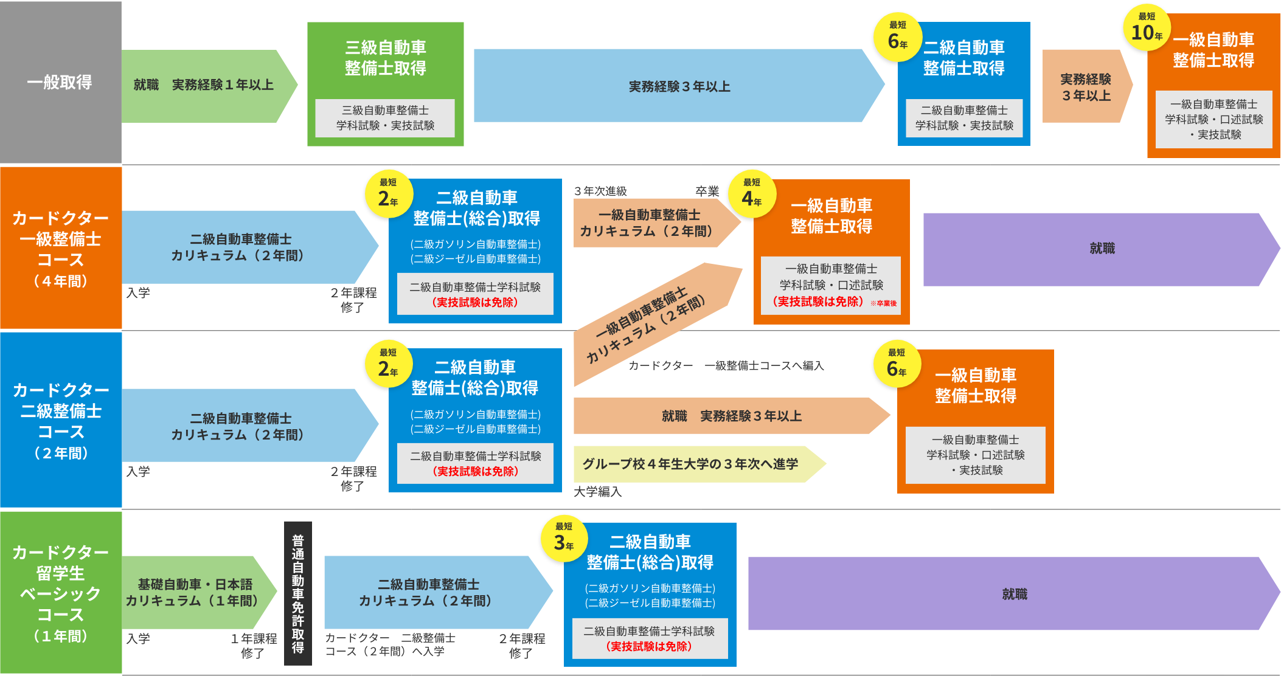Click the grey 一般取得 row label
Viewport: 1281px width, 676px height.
[x=60, y=82]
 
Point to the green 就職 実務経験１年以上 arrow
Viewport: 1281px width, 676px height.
[x=204, y=85]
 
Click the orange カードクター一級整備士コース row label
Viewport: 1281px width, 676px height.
[x=60, y=248]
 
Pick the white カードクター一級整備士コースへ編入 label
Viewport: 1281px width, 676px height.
[x=713, y=366]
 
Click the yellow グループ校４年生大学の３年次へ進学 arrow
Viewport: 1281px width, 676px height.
[x=690, y=464]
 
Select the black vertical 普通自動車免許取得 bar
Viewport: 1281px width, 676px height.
[x=298, y=593]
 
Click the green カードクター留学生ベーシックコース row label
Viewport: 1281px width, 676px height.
[x=60, y=593]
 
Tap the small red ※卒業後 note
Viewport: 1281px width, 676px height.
[x=883, y=303]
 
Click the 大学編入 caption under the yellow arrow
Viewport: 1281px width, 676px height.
[x=597, y=492]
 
